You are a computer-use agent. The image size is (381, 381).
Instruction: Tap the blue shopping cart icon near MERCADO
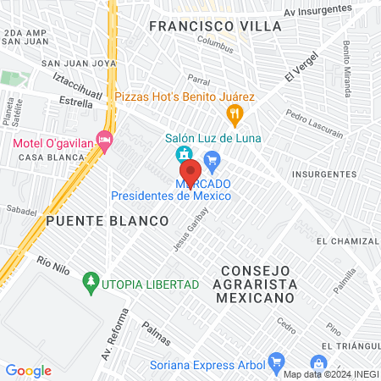[x=212, y=157]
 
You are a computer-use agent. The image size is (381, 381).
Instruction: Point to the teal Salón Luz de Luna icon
[x=182, y=155]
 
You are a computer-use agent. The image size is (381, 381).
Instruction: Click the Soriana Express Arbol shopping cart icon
[x=275, y=365]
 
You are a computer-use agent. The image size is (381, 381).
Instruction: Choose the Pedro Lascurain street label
[x=314, y=123]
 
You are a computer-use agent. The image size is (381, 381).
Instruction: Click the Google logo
[x=28, y=371]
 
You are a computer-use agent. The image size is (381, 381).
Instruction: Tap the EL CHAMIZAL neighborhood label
[x=345, y=241]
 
